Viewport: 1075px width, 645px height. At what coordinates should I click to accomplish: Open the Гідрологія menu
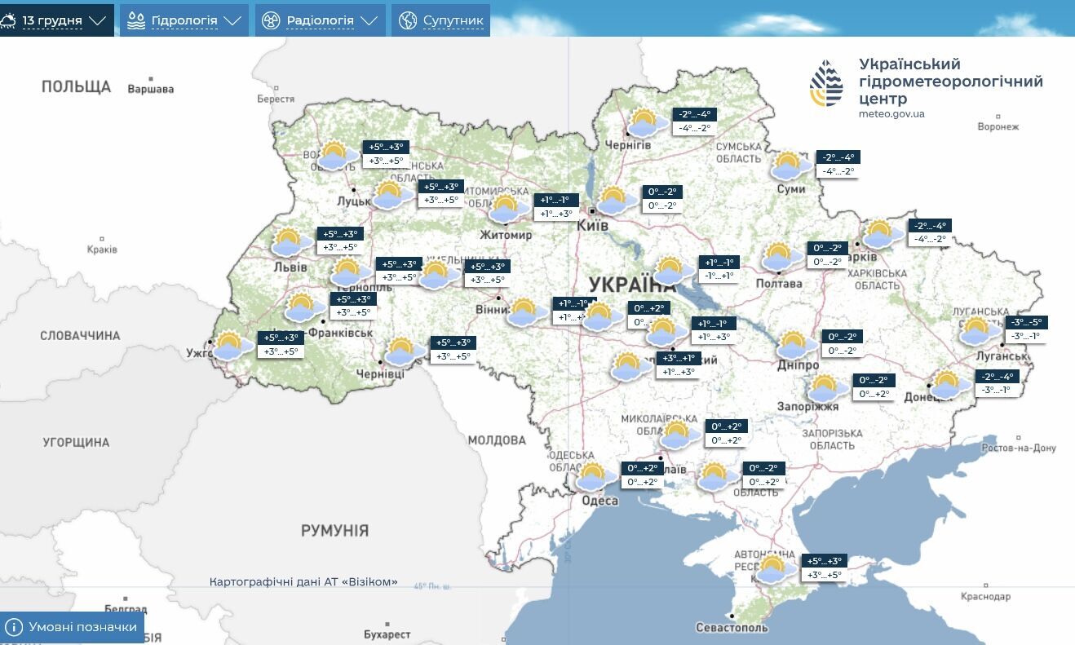(184, 20)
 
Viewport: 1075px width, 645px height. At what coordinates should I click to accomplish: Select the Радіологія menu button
(320, 20)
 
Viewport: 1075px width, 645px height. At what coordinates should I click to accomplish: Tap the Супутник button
(441, 20)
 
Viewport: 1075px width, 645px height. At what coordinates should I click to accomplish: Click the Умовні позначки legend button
(72, 627)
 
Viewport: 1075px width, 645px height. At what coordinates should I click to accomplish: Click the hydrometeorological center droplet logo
(826, 84)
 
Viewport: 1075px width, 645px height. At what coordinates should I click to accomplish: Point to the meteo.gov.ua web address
(891, 114)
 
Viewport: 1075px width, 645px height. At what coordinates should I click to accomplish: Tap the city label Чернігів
(628, 144)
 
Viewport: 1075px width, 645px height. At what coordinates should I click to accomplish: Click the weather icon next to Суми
(789, 166)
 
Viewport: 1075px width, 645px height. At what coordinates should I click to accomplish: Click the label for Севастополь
(732, 627)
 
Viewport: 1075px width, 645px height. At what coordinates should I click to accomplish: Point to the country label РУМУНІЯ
(334, 531)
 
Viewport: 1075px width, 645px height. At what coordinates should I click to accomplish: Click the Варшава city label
(151, 89)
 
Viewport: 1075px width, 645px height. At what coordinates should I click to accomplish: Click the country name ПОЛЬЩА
(76, 86)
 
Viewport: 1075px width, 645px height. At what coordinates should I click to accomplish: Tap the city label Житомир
(506, 235)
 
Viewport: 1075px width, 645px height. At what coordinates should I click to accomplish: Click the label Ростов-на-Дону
(1018, 448)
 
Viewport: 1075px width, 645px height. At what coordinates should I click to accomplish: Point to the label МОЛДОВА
(497, 440)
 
